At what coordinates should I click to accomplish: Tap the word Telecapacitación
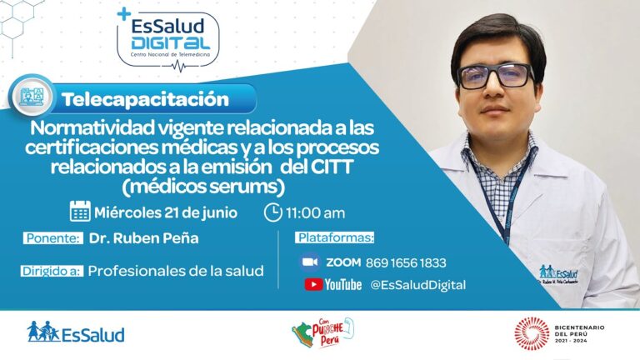tap(145, 99)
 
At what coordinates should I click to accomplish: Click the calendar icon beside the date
tap(80, 212)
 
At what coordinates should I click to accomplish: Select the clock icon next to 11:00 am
tap(272, 212)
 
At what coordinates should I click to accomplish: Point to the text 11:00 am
tap(316, 212)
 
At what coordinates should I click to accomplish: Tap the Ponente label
tap(53, 238)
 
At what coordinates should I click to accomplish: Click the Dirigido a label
tap(52, 270)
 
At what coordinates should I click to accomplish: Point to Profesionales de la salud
tap(176, 270)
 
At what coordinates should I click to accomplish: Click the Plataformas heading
tap(335, 238)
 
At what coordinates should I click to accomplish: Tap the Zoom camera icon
tap(310, 262)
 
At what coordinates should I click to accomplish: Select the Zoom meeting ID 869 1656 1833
tap(405, 262)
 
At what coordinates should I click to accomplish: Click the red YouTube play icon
tap(313, 285)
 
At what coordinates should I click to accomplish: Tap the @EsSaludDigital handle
tap(417, 285)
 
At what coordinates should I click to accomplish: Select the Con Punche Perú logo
tap(322, 333)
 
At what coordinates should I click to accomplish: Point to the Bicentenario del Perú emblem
tap(531, 333)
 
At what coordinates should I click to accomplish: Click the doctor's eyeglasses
tap(497, 76)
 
